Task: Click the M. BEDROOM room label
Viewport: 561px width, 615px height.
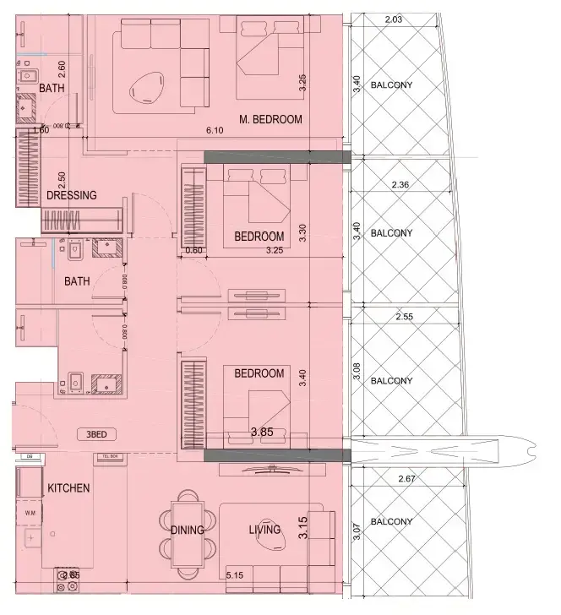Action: click(270, 119)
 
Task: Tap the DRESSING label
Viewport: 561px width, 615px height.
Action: click(72, 195)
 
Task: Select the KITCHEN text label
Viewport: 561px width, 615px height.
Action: click(69, 488)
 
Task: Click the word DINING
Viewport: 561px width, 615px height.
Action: click(187, 531)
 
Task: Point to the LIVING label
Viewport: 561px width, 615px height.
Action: click(264, 531)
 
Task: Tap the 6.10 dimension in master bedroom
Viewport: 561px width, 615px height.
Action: click(215, 131)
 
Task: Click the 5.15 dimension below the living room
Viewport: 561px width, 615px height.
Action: click(234, 576)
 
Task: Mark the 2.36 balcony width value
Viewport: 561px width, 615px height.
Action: click(400, 185)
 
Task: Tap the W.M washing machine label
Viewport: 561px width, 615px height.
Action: click(30, 512)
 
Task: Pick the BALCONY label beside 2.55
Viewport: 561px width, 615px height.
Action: click(392, 381)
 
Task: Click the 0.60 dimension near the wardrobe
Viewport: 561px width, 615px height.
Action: click(194, 250)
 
